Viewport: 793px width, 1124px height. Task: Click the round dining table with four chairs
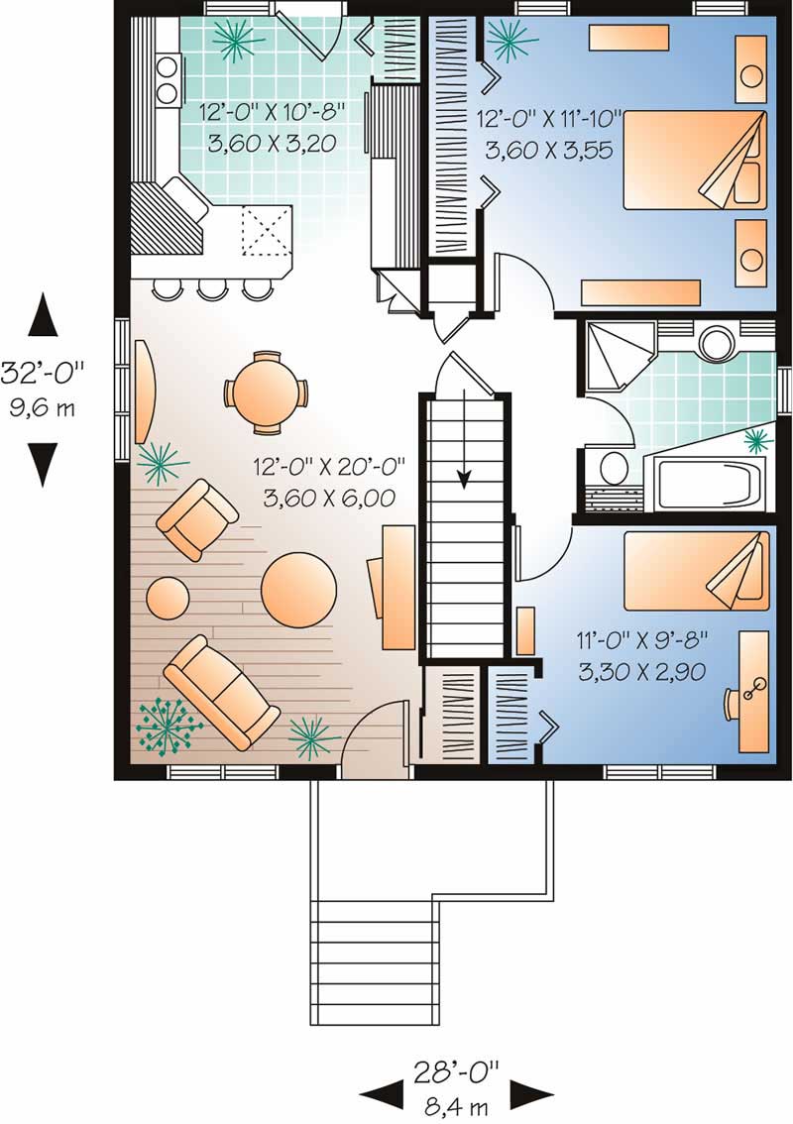click(266, 393)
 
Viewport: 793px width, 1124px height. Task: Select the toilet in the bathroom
click(614, 467)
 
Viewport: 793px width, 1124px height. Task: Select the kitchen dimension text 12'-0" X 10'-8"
click(268, 112)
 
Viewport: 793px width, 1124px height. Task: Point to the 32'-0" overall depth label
click(42, 374)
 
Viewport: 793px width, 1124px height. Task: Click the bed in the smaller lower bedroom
click(696, 570)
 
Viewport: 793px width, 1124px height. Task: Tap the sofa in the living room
click(220, 692)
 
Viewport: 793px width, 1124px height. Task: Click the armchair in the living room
click(198, 518)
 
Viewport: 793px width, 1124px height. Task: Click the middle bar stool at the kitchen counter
click(212, 288)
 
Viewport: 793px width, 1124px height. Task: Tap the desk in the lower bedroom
click(753, 690)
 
